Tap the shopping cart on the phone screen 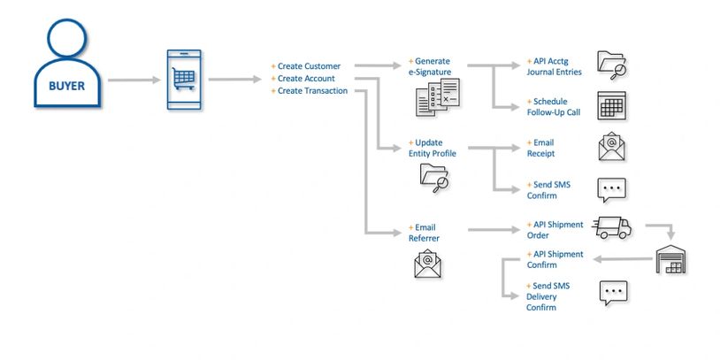(x=184, y=79)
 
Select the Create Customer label (x=309, y=66)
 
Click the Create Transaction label (x=312, y=90)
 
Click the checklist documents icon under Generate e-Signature (x=438, y=97)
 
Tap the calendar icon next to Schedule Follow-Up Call (x=612, y=105)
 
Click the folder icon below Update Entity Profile (x=433, y=178)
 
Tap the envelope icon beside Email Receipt (x=612, y=148)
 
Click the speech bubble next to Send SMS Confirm (x=612, y=189)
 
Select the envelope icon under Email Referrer (x=428, y=263)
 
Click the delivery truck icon (x=612, y=227)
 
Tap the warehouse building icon (x=670, y=259)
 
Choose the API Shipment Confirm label (x=555, y=259)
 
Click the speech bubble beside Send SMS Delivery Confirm (x=613, y=293)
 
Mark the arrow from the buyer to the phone (x=134, y=80)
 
